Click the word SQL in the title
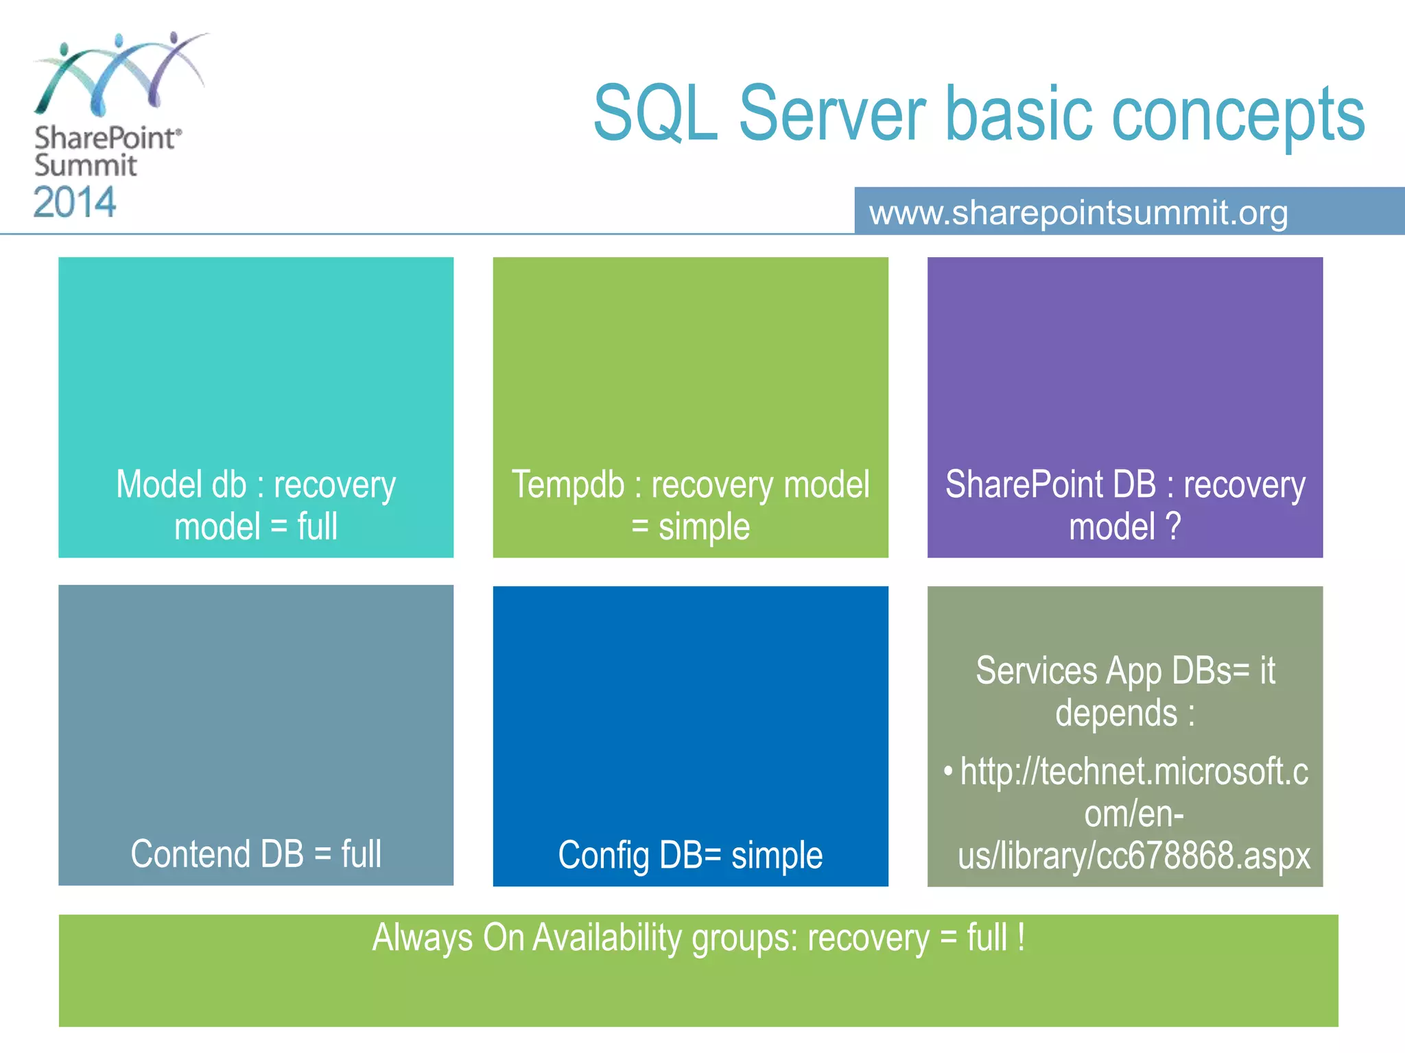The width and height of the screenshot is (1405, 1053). (x=655, y=114)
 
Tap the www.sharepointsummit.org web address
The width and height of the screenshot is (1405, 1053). (x=1078, y=213)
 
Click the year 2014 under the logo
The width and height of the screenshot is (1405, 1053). (x=75, y=203)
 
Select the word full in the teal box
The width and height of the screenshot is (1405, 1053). (x=318, y=526)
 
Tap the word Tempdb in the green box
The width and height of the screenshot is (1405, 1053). (x=568, y=485)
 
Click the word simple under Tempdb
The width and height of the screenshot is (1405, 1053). (x=704, y=527)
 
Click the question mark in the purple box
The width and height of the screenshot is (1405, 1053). (x=1173, y=526)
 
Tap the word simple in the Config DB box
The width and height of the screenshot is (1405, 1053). (x=777, y=856)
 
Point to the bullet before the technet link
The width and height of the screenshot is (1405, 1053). (x=948, y=771)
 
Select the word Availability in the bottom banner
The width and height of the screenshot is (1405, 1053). (x=606, y=938)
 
